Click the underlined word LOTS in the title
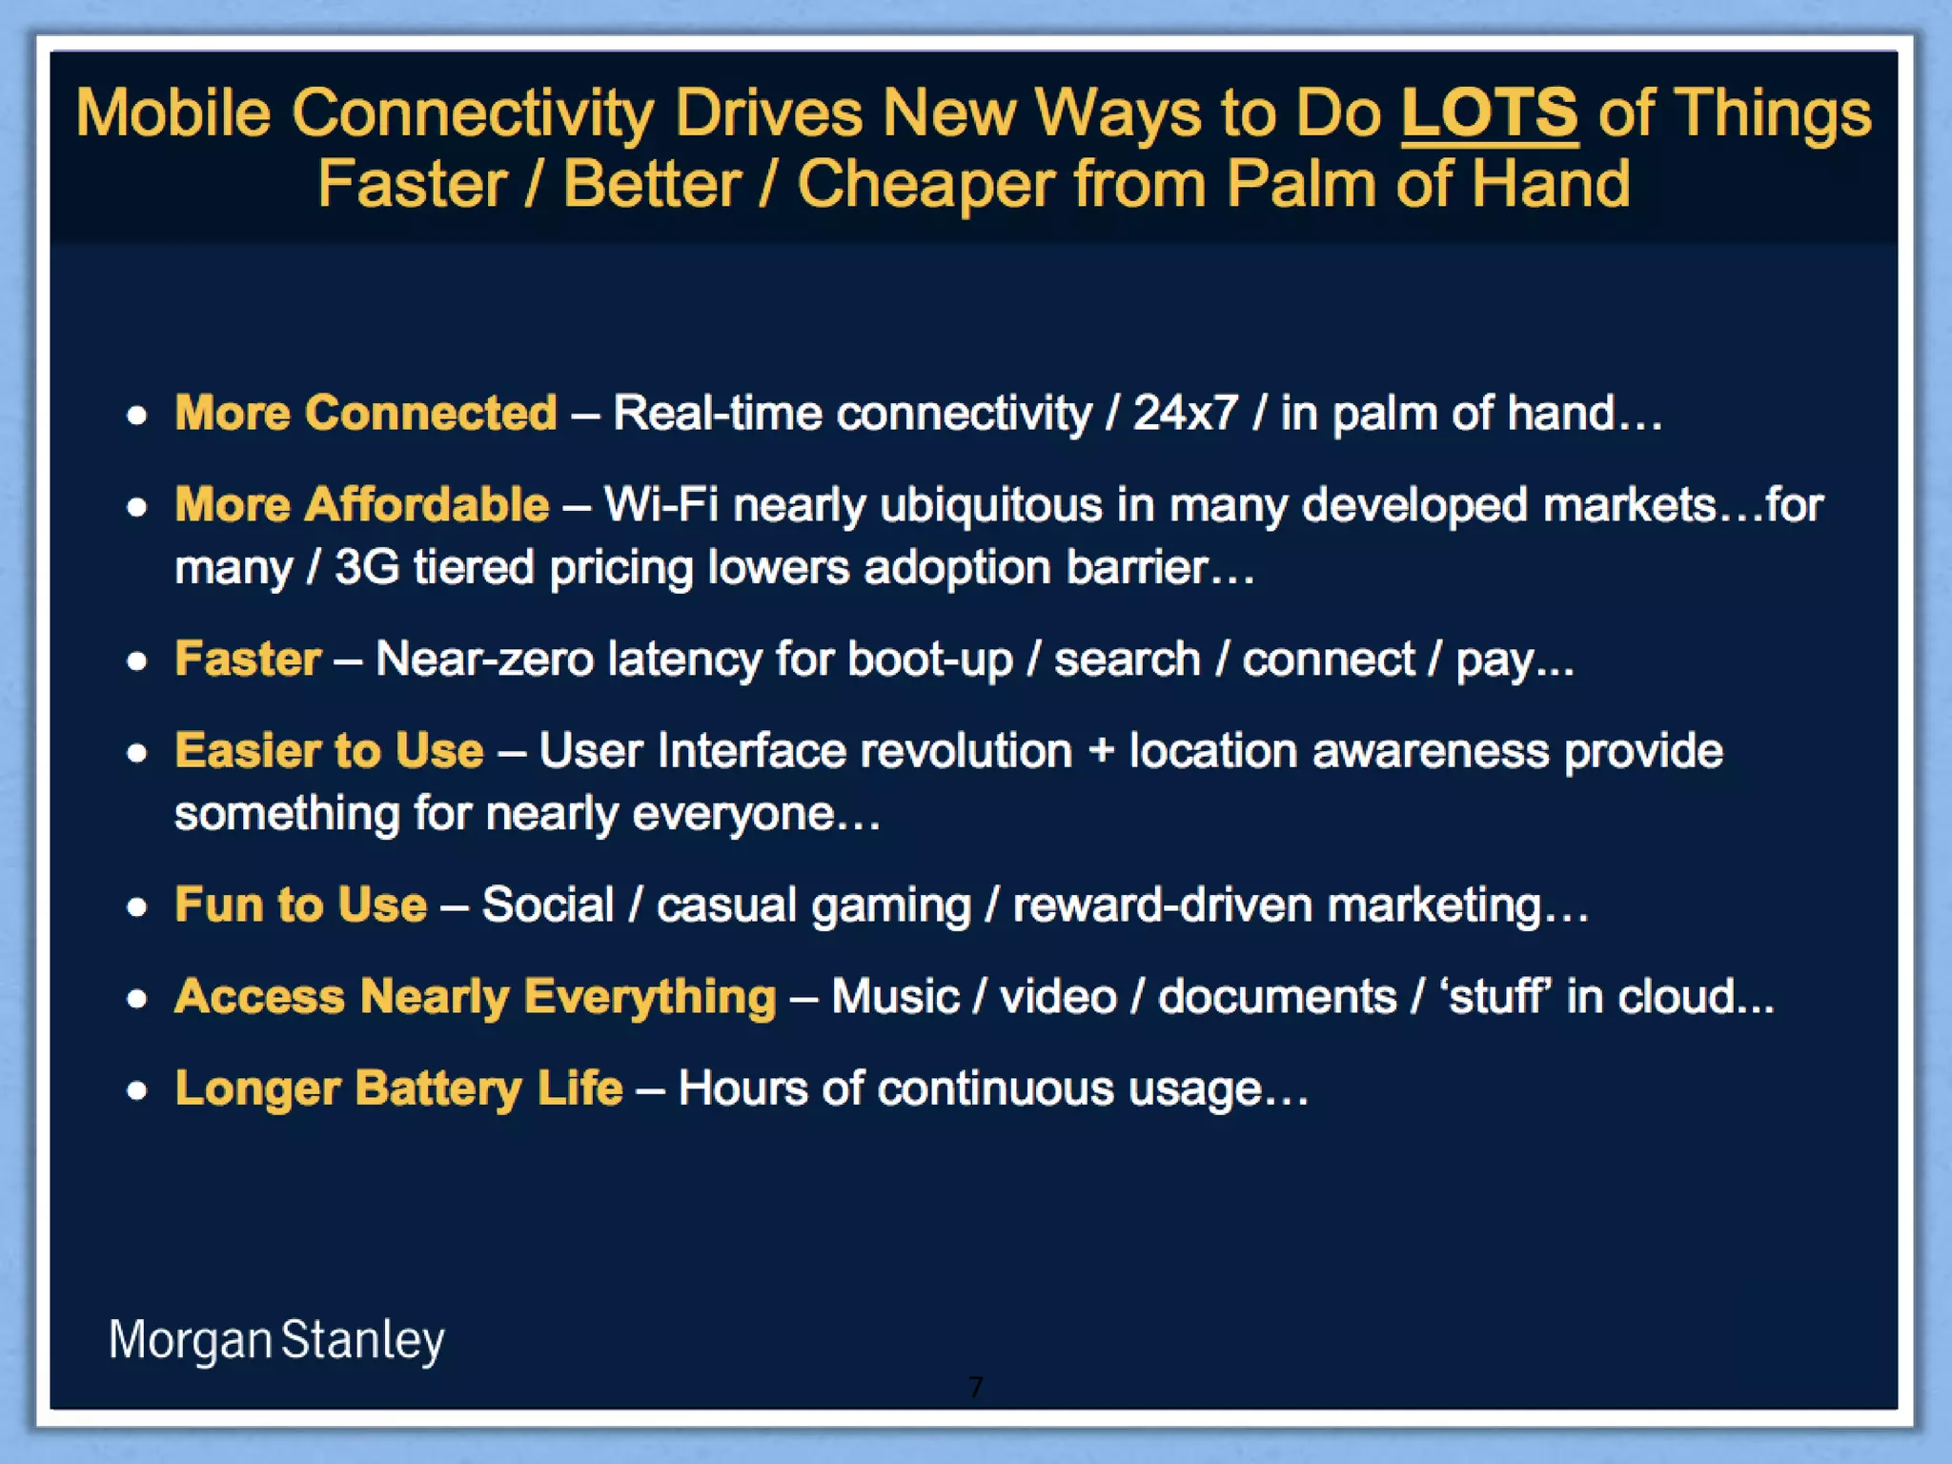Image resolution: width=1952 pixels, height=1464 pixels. (x=1489, y=113)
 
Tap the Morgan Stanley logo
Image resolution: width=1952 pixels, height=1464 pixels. (x=276, y=1339)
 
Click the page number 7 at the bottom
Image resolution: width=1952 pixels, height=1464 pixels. (x=975, y=1387)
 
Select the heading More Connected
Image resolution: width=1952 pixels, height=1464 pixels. (x=366, y=413)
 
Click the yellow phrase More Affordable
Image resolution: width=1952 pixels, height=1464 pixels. (x=362, y=504)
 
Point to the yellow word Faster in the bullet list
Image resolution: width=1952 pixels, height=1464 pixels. (x=248, y=659)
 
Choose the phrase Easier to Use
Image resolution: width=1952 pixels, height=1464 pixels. (x=329, y=750)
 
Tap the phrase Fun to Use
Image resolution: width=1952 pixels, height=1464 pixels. (x=300, y=905)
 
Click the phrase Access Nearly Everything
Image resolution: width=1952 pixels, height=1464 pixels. (x=475, y=996)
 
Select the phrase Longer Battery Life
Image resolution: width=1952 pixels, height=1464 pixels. (x=398, y=1088)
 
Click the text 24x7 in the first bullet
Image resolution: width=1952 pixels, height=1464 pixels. (x=1185, y=413)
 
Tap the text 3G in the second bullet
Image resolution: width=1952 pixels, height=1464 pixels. (x=367, y=567)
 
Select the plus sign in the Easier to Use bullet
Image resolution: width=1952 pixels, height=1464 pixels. (x=1101, y=750)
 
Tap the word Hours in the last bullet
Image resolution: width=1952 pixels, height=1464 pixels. (x=742, y=1088)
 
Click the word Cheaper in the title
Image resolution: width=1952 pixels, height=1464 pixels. (x=925, y=184)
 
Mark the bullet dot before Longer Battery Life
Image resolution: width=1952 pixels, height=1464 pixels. (x=137, y=1089)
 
